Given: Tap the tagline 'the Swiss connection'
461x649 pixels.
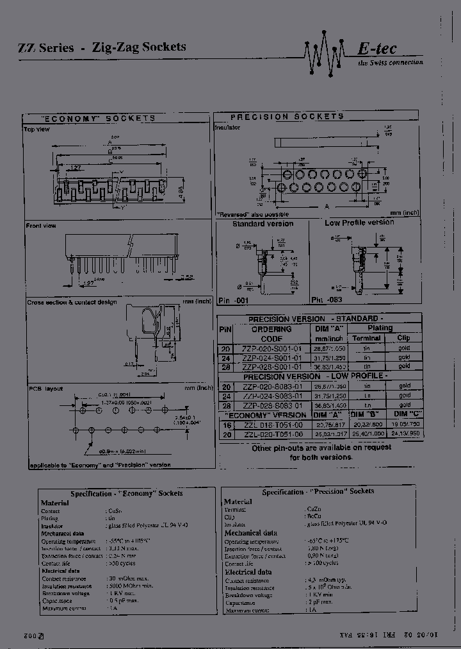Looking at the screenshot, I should [x=391, y=62].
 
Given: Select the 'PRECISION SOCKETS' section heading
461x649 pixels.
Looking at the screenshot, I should [x=287, y=117].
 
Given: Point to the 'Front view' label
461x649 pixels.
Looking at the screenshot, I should [x=41, y=225].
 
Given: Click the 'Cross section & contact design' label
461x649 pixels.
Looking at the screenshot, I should [x=72, y=301].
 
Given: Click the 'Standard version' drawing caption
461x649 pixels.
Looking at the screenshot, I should [x=263, y=224].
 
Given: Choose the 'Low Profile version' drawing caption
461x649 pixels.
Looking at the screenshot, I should [x=359, y=223].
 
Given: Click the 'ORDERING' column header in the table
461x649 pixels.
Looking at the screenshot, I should [x=271, y=329].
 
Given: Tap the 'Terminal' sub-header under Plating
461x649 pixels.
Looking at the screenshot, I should [x=366, y=338].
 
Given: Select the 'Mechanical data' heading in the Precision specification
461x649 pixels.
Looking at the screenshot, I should [x=251, y=532].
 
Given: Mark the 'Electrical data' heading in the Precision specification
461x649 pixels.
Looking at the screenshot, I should [x=248, y=572].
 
